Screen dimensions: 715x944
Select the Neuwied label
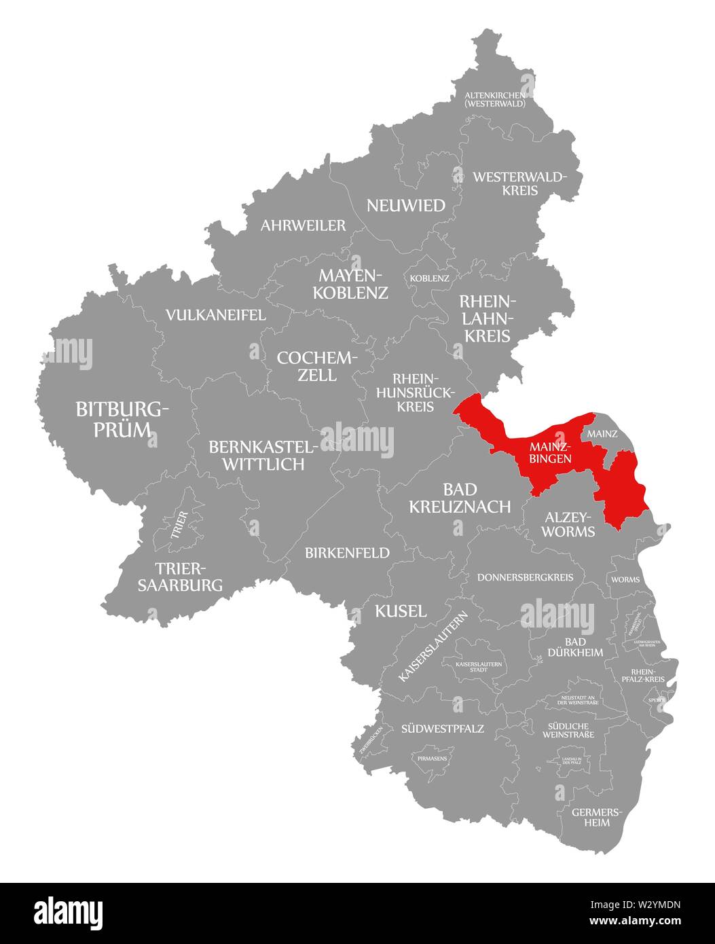pyautogui.click(x=406, y=205)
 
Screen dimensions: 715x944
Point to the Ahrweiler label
pyautogui.click(x=303, y=225)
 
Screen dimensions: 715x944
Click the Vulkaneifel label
pyautogui.click(x=216, y=315)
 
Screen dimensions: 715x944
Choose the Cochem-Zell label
pyautogui.click(x=316, y=366)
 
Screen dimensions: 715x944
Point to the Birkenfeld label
pyautogui.click(x=348, y=553)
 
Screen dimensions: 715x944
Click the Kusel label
pyautogui.click(x=401, y=611)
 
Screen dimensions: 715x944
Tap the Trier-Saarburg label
pyautogui.click(x=180, y=577)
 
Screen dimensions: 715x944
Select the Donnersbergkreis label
pyautogui.click(x=526, y=577)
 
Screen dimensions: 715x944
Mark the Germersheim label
pyautogui.click(x=590, y=816)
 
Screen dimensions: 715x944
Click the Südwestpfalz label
pyautogui.click(x=442, y=729)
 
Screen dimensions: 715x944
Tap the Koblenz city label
pyautogui.click(x=429, y=278)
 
